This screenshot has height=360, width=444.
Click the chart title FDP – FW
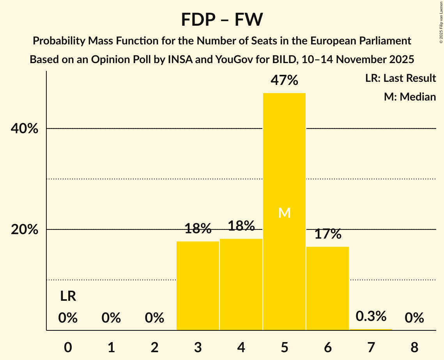(x=222, y=19)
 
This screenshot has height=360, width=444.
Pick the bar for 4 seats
(x=241, y=284)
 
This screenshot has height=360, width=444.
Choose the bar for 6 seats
(x=327, y=288)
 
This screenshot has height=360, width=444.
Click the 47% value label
(x=284, y=81)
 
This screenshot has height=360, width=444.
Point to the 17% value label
(x=327, y=234)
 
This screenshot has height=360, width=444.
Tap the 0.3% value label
(x=371, y=316)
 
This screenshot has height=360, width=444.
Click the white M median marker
(x=284, y=213)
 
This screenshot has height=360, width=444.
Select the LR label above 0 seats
(x=68, y=296)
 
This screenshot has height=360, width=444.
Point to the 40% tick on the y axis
(x=25, y=129)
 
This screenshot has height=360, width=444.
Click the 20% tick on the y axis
(x=25, y=230)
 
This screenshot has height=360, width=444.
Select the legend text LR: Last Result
(x=400, y=78)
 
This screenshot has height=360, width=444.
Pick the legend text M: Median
(x=410, y=97)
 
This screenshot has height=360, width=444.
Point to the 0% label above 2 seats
(x=154, y=318)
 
